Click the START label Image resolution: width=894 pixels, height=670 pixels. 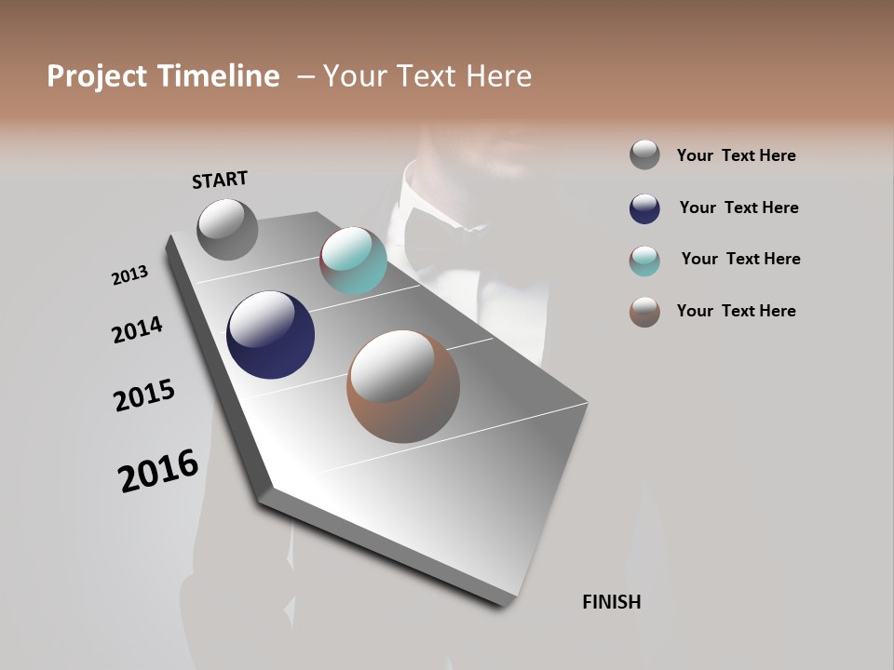click(x=220, y=180)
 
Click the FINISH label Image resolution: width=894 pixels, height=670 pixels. click(x=611, y=602)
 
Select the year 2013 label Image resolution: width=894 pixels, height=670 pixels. click(x=129, y=275)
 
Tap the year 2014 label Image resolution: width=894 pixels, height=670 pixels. click(x=137, y=330)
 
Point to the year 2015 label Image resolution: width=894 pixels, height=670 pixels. click(x=144, y=395)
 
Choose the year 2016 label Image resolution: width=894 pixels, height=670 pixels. click(x=158, y=471)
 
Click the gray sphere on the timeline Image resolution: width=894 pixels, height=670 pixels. click(x=227, y=229)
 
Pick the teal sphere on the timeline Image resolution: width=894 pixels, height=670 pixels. click(x=353, y=261)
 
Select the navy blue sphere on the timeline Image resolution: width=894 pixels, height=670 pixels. click(x=270, y=335)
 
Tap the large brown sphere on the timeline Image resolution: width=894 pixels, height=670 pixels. click(x=403, y=386)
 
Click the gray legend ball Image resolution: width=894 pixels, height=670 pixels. click(x=644, y=154)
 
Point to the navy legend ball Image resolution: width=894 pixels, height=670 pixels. click(x=644, y=208)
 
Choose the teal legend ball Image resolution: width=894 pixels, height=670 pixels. click(x=644, y=261)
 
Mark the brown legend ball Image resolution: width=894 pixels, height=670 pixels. click(x=644, y=312)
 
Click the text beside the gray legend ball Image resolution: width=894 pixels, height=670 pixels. click(x=736, y=155)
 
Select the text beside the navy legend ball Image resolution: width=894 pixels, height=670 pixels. click(x=738, y=208)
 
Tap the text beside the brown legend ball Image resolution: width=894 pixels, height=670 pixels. click(x=736, y=311)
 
